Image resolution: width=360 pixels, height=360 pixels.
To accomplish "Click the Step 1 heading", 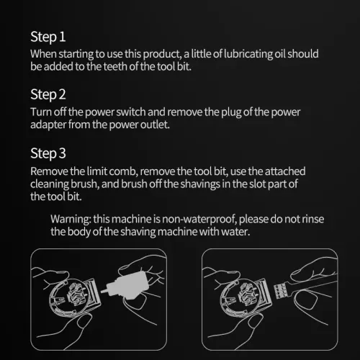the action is tap(48, 37).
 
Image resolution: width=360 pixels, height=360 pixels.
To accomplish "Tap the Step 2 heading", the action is tap(48, 95).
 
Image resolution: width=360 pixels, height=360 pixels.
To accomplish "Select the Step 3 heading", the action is tap(48, 153).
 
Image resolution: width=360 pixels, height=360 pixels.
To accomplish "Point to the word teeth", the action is tap(115, 66).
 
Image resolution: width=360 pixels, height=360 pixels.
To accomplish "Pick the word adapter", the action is tap(48, 125).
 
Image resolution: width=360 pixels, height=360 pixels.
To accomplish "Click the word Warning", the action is tap(71, 220).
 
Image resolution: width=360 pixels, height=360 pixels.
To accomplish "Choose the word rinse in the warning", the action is tap(312, 219).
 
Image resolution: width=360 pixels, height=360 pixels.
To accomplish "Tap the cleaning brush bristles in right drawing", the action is tap(280, 291).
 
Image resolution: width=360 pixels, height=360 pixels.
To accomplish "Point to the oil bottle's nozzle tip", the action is tap(102, 292).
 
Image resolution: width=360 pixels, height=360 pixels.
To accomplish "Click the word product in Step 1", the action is tap(162, 55).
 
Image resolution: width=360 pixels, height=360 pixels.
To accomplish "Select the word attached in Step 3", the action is tap(285, 171).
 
